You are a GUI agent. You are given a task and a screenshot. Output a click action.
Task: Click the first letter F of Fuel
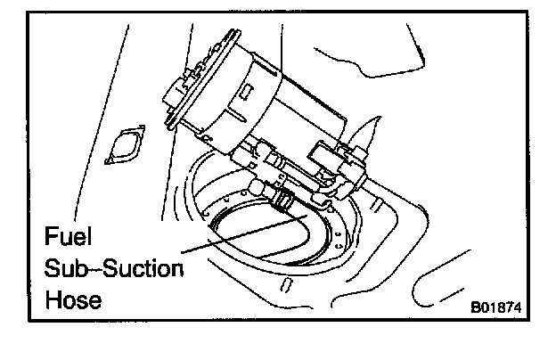pyautogui.click(x=51, y=238)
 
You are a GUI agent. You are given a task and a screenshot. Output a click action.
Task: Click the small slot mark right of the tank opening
pyautogui.click(x=378, y=206)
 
